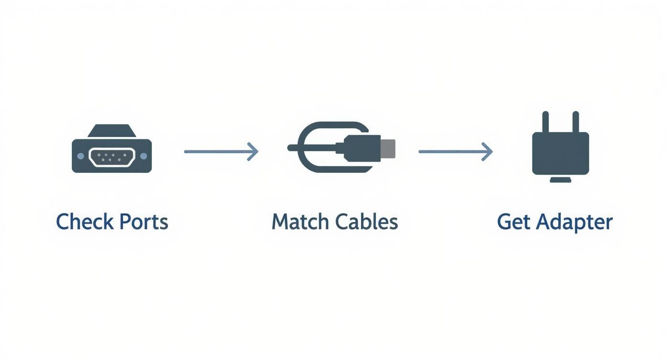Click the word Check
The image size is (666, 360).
pos(85,222)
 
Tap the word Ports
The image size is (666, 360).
pos(144,222)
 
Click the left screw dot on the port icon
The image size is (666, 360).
pos(80,156)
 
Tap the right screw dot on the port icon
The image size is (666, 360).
pos(143,156)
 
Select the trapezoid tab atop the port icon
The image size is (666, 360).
pos(111,131)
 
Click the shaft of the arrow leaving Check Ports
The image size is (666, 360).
pos(215,152)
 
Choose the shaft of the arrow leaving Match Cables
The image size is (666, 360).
pos(450,152)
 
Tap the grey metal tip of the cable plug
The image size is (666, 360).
pos(388,148)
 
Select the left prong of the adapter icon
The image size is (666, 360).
pos(545,122)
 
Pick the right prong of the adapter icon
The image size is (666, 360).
pos(576,122)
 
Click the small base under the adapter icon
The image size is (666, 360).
pos(560,180)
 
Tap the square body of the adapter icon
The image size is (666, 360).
pos(560,153)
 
